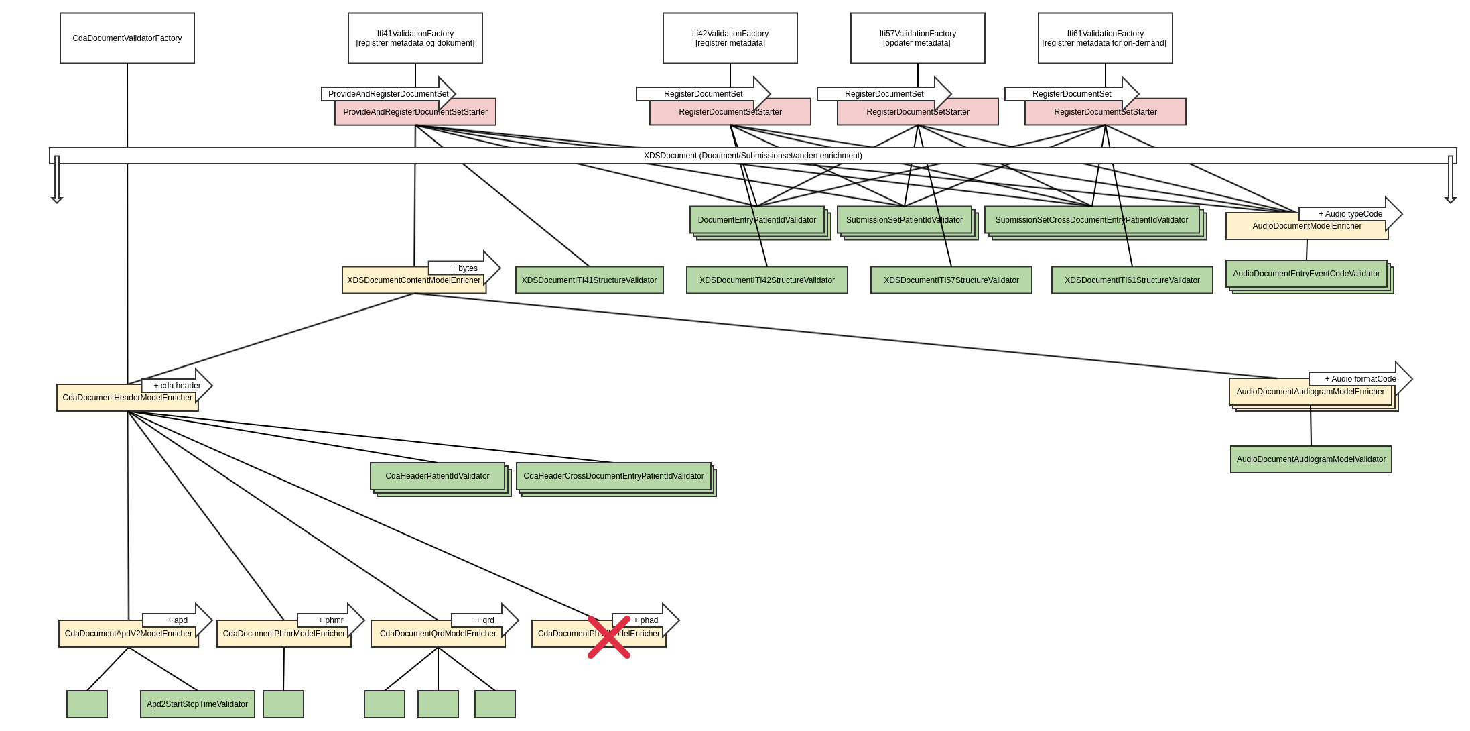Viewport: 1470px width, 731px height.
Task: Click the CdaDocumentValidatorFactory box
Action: (x=127, y=38)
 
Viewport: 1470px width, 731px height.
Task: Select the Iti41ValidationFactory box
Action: (x=415, y=38)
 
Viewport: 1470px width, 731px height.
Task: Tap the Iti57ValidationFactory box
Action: (x=918, y=38)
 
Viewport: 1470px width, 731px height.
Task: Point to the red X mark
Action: (x=609, y=637)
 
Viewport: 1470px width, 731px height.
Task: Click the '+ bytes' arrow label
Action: (x=464, y=268)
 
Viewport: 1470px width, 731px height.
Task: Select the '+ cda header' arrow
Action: (x=176, y=386)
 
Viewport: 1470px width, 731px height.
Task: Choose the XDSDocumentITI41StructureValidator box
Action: (x=590, y=280)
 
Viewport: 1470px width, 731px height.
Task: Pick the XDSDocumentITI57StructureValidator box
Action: (x=951, y=280)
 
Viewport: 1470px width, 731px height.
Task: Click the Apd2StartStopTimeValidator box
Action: (x=198, y=704)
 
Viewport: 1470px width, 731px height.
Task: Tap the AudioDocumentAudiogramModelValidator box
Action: (x=1311, y=459)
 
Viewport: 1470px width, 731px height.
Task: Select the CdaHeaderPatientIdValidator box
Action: (x=438, y=476)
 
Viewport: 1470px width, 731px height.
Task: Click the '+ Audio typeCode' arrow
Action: (x=1349, y=214)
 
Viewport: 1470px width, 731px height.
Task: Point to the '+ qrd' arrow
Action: (x=484, y=620)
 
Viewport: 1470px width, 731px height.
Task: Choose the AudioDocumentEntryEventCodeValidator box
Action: (x=1307, y=274)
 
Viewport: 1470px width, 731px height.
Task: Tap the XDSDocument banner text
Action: (x=753, y=156)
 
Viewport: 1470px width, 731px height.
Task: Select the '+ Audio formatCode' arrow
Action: (x=1359, y=379)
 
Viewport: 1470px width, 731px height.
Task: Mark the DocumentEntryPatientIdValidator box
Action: (x=757, y=220)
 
